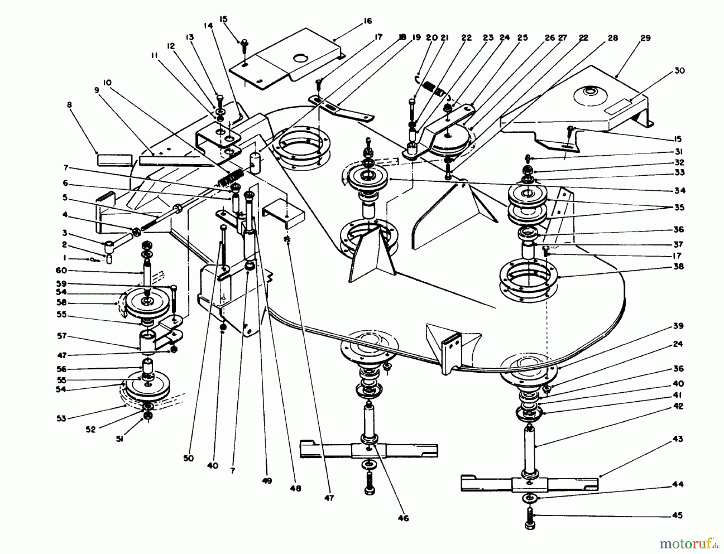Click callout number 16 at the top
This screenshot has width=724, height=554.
coord(368,21)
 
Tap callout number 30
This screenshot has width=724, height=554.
coord(679,71)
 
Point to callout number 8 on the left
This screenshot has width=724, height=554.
coord(70,105)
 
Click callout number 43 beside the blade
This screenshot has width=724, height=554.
coord(678,439)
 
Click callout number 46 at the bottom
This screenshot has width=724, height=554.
coord(403,518)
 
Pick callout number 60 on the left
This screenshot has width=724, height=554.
coord(62,271)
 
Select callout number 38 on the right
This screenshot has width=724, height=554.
coord(679,267)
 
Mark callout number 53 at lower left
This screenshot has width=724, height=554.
coord(62,419)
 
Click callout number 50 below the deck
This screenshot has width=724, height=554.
coord(189,458)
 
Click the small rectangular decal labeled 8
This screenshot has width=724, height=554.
coord(115,160)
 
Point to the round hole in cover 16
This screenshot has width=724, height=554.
coord(300,59)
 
